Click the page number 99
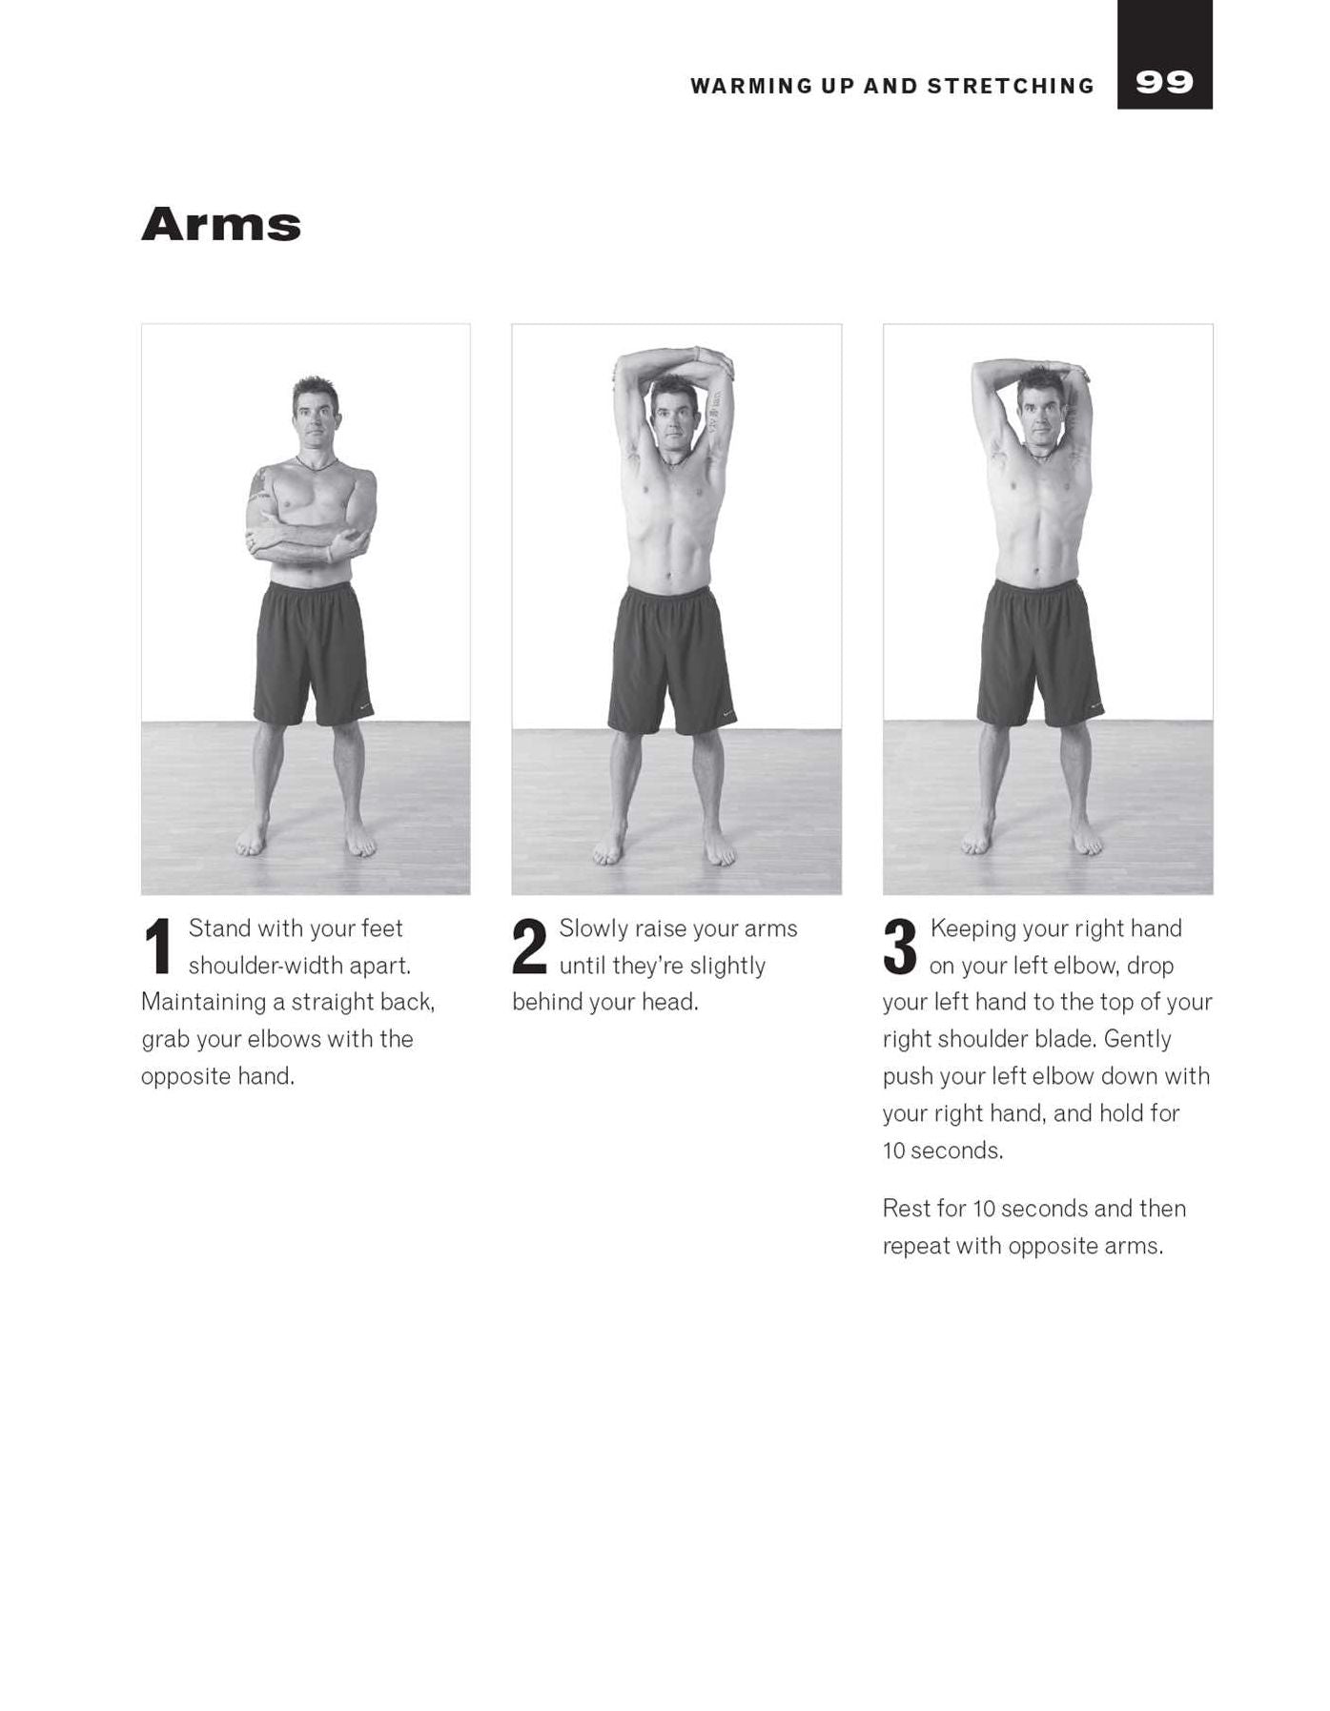point(1164,83)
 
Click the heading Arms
point(221,224)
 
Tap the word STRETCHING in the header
point(1011,86)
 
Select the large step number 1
point(158,947)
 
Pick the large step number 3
point(900,947)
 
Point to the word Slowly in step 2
point(594,928)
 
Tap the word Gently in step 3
point(1137,1039)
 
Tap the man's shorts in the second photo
point(672,661)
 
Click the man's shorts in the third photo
point(1039,653)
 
